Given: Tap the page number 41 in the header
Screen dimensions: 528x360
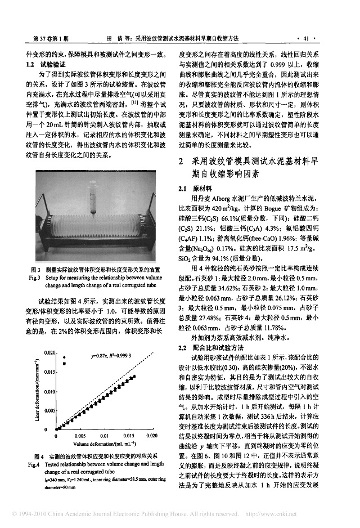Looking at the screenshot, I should tap(306, 39).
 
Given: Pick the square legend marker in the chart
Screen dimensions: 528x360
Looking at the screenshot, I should tap(65, 364).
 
